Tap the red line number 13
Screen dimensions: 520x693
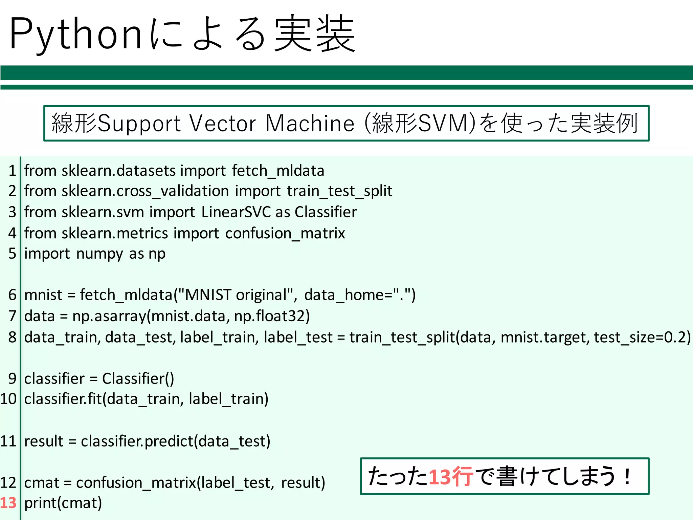click(x=8, y=503)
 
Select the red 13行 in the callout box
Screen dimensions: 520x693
click(x=451, y=477)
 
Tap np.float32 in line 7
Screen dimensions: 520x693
click(x=272, y=316)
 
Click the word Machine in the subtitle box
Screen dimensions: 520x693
click(x=310, y=124)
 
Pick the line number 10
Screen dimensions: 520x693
click(x=8, y=399)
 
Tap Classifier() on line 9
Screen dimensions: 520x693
click(x=138, y=379)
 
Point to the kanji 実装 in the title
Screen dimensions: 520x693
click(x=315, y=34)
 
